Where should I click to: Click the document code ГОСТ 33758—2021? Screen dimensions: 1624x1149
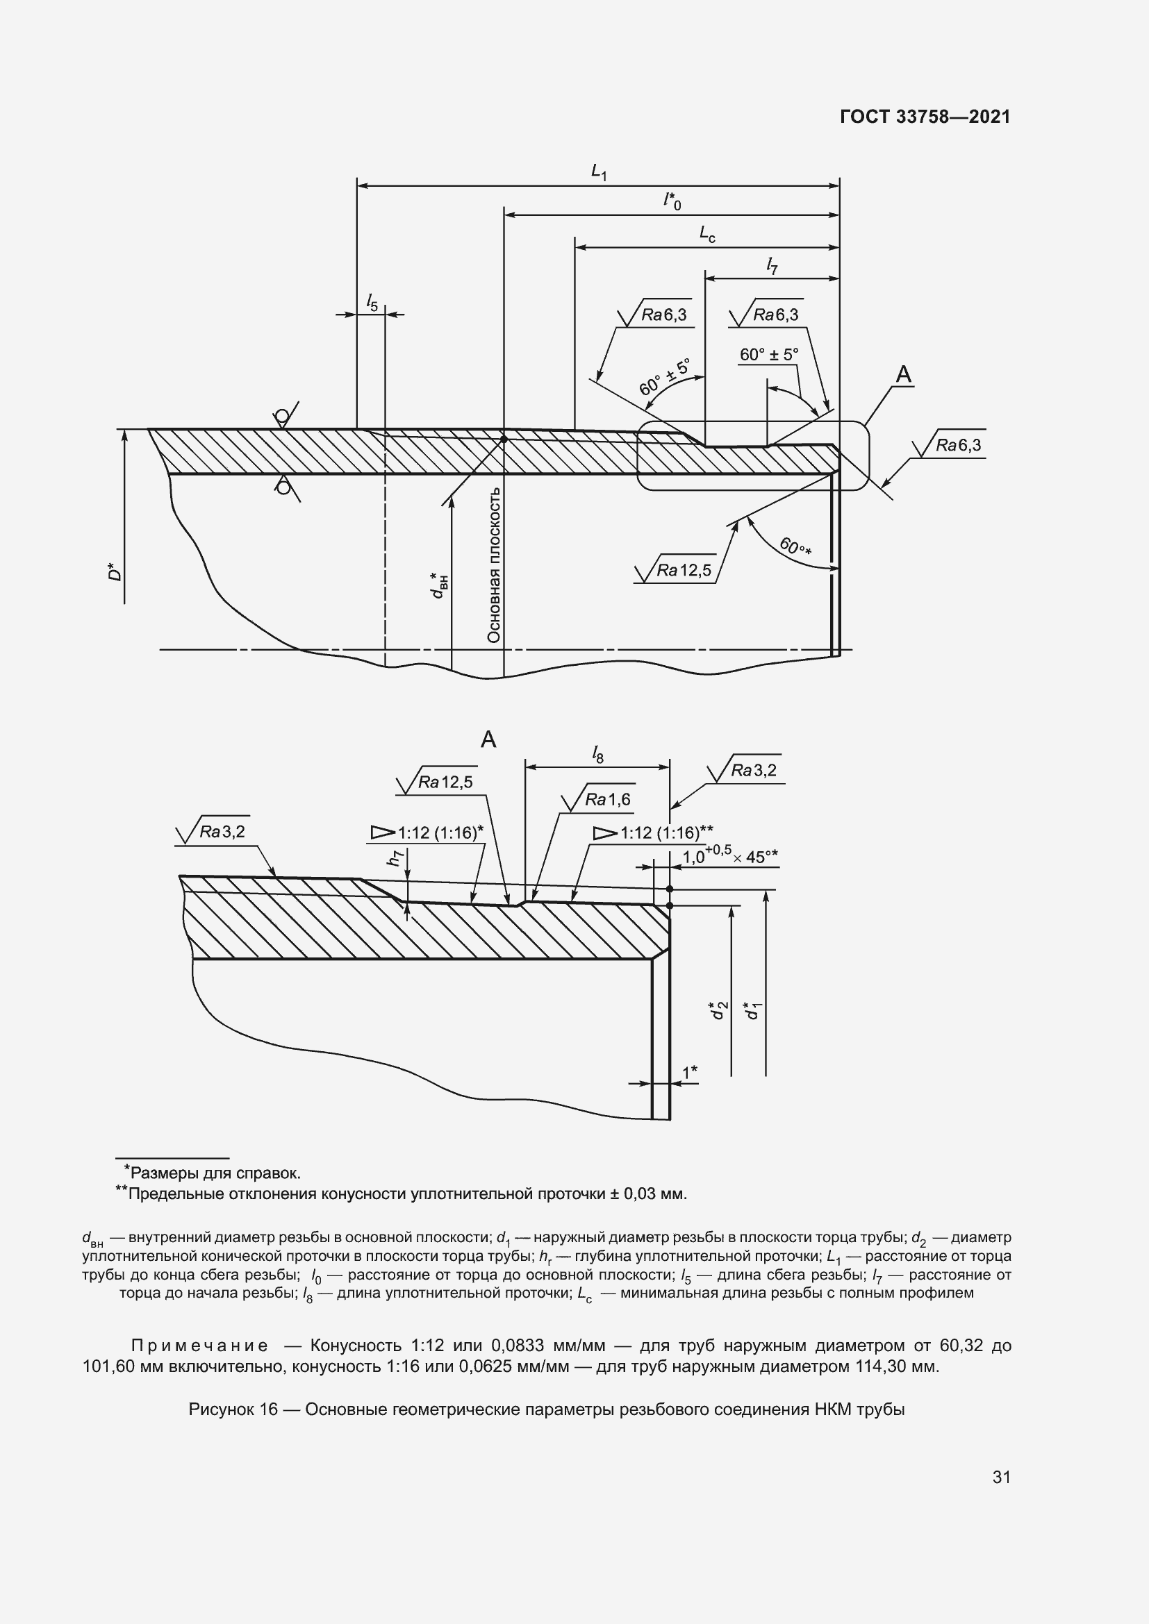click(925, 117)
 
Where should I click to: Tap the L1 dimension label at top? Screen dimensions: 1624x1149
click(599, 171)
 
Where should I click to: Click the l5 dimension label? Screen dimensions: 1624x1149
click(372, 303)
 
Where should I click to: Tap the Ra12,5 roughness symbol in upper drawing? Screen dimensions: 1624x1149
click(676, 570)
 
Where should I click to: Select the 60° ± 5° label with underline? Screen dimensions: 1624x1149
click(768, 354)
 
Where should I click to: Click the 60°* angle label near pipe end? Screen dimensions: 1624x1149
click(795, 546)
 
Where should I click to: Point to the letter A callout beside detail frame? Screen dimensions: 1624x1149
click(904, 374)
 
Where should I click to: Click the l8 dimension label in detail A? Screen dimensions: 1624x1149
click(598, 755)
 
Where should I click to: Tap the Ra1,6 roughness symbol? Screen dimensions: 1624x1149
click(599, 800)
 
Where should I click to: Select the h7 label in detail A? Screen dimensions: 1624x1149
click(395, 858)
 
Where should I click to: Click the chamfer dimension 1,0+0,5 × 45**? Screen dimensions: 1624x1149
click(729, 857)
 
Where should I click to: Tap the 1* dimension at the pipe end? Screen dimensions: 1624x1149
click(689, 1073)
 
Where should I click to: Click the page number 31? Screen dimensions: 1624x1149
click(1001, 1477)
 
